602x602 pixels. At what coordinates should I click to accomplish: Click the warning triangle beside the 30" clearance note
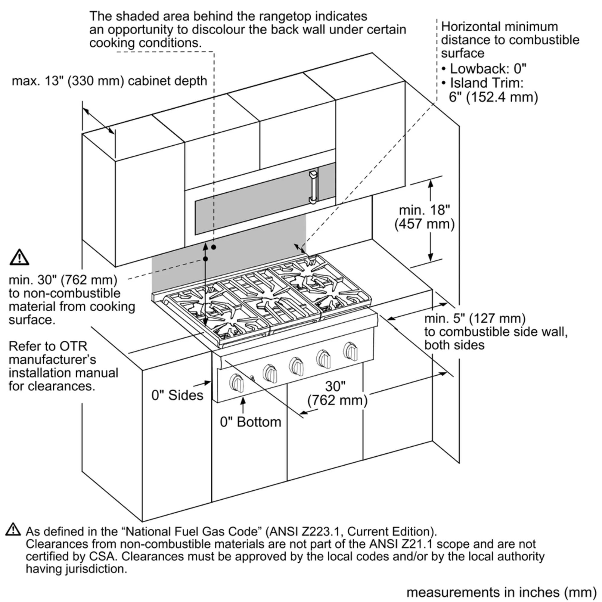click(19, 257)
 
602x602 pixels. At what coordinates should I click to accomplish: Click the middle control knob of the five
click(296, 366)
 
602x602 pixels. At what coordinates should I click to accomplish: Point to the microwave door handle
click(313, 187)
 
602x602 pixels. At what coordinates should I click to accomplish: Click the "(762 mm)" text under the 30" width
click(337, 400)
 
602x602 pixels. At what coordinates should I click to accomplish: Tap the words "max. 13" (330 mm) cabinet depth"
click(109, 81)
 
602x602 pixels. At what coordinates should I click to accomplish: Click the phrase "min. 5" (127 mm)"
click(475, 318)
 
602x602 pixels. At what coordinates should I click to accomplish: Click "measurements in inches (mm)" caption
click(501, 592)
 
